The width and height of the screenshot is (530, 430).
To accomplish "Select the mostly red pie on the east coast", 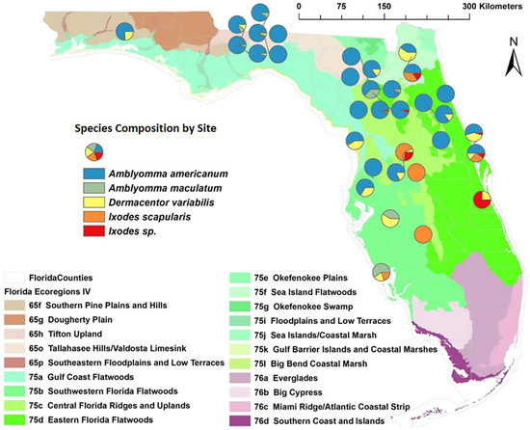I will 486,201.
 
